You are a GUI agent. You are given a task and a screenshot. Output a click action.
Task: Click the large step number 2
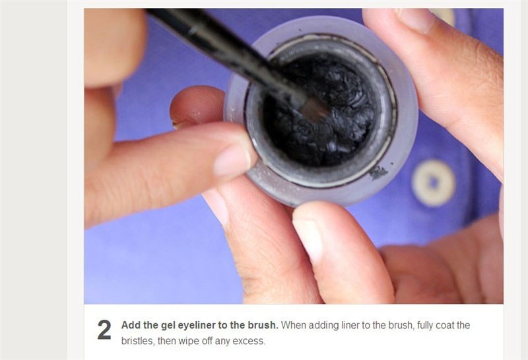(x=104, y=330)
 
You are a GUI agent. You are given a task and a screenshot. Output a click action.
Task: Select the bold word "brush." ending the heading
(x=263, y=325)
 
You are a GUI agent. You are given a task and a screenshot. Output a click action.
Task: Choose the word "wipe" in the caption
(x=188, y=341)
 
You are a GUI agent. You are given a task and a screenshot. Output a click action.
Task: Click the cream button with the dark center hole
(x=433, y=183)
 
